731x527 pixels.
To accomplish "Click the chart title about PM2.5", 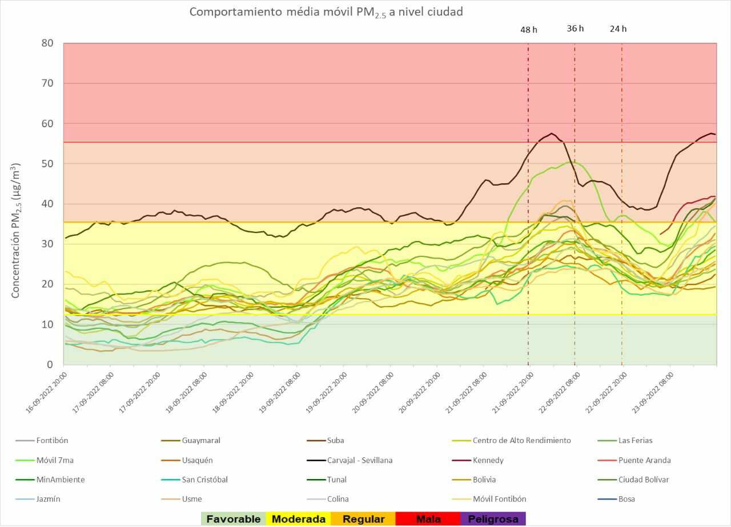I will point(326,12).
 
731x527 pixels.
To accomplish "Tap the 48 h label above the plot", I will point(528,29).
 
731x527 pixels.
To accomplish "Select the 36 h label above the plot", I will point(575,29).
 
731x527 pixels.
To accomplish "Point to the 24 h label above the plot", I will point(618,29).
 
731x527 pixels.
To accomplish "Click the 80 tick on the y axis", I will point(47,43).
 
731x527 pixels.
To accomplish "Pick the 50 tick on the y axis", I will point(47,164).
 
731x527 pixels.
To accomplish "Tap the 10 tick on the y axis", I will point(47,324).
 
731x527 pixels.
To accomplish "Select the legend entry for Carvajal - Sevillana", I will point(359,460).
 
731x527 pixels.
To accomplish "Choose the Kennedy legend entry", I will point(488,460).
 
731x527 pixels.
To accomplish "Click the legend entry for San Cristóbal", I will point(204,480).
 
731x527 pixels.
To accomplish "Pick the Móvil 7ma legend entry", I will point(56,460).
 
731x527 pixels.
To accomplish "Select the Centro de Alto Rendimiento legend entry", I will point(521,440).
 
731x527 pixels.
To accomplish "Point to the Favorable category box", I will point(234,519).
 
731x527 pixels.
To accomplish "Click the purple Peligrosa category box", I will point(493,519).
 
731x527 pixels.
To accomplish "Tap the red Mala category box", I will point(428,519).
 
